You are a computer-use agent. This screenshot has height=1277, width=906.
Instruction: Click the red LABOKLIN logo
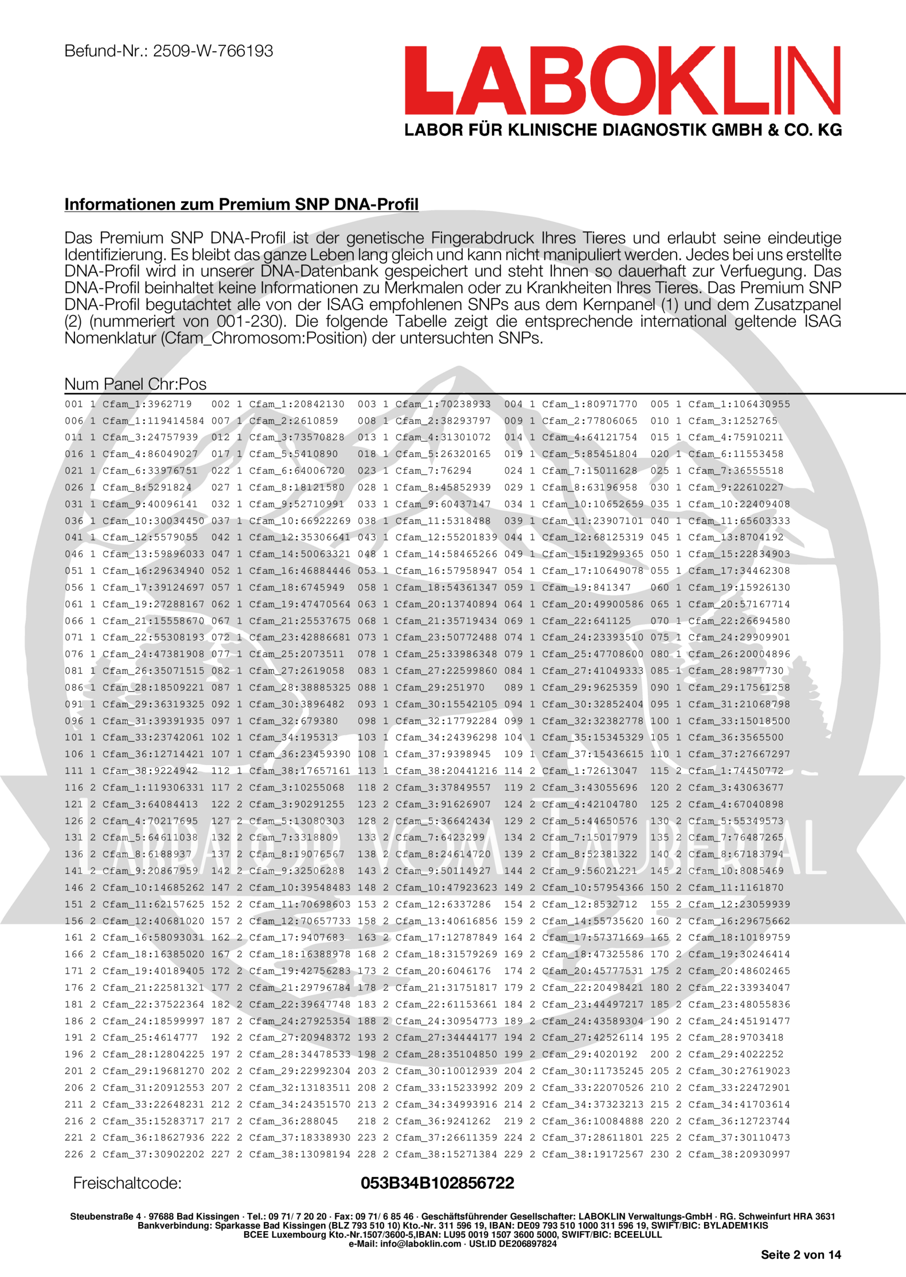[x=622, y=81]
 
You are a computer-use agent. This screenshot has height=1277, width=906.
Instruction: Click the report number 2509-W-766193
[x=213, y=51]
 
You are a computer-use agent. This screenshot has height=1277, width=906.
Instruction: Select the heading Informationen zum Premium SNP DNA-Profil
[x=241, y=204]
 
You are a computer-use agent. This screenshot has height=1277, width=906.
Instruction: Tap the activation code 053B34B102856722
[x=438, y=1183]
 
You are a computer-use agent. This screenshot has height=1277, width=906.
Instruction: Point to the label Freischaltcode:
[x=127, y=1183]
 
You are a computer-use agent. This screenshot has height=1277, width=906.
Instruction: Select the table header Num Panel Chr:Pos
[x=135, y=384]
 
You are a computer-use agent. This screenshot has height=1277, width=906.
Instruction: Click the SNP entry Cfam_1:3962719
[x=147, y=404]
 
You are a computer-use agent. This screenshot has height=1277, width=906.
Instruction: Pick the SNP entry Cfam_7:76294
[x=434, y=471]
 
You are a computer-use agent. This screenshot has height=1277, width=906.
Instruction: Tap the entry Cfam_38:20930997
[x=739, y=1154]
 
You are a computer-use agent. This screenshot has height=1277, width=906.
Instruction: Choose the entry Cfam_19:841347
[x=586, y=587]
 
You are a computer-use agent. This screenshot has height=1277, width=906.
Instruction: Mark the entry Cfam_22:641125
[x=586, y=621]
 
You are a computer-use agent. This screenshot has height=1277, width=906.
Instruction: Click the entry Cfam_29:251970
[x=440, y=687]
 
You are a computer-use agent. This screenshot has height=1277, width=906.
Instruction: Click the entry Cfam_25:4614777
[x=150, y=1037]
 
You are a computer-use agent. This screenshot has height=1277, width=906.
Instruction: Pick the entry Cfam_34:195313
[x=293, y=737]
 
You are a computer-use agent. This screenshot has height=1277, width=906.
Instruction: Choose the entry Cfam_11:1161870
[x=735, y=887]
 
